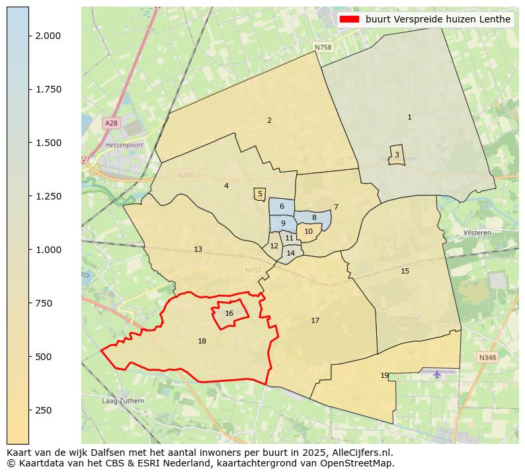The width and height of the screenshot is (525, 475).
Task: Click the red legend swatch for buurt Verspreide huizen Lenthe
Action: pos(349,19)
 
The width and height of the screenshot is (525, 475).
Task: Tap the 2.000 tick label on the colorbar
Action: pos(48,36)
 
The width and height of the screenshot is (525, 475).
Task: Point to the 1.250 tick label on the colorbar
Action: pos(48,196)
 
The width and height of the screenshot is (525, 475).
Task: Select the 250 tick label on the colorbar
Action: pos(44,410)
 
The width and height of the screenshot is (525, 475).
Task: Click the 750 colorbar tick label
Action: pos(44,303)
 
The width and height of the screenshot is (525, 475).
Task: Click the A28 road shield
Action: pos(111,124)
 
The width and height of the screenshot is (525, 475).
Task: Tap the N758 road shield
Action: pos(323,48)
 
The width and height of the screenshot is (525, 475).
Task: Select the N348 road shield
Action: pos(487,357)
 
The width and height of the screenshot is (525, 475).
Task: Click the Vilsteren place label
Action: pos(477,233)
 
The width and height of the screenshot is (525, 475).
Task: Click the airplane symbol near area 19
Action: pos(436,375)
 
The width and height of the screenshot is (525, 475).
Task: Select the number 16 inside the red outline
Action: pos(229,314)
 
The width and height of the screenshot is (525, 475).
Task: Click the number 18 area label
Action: pos(202,342)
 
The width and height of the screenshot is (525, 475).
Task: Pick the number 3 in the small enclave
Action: pos(397,155)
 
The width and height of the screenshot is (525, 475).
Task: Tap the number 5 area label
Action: pos(260,194)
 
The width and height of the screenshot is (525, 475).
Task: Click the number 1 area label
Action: pos(409,117)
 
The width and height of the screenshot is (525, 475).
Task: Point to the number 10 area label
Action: pos(308,231)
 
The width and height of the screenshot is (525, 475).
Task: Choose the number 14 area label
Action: pos(290,253)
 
